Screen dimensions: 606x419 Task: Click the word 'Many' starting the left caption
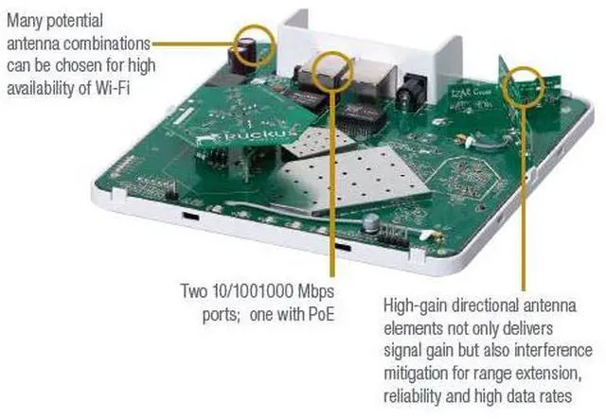point(25,19)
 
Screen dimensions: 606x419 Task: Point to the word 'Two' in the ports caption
point(194,289)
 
